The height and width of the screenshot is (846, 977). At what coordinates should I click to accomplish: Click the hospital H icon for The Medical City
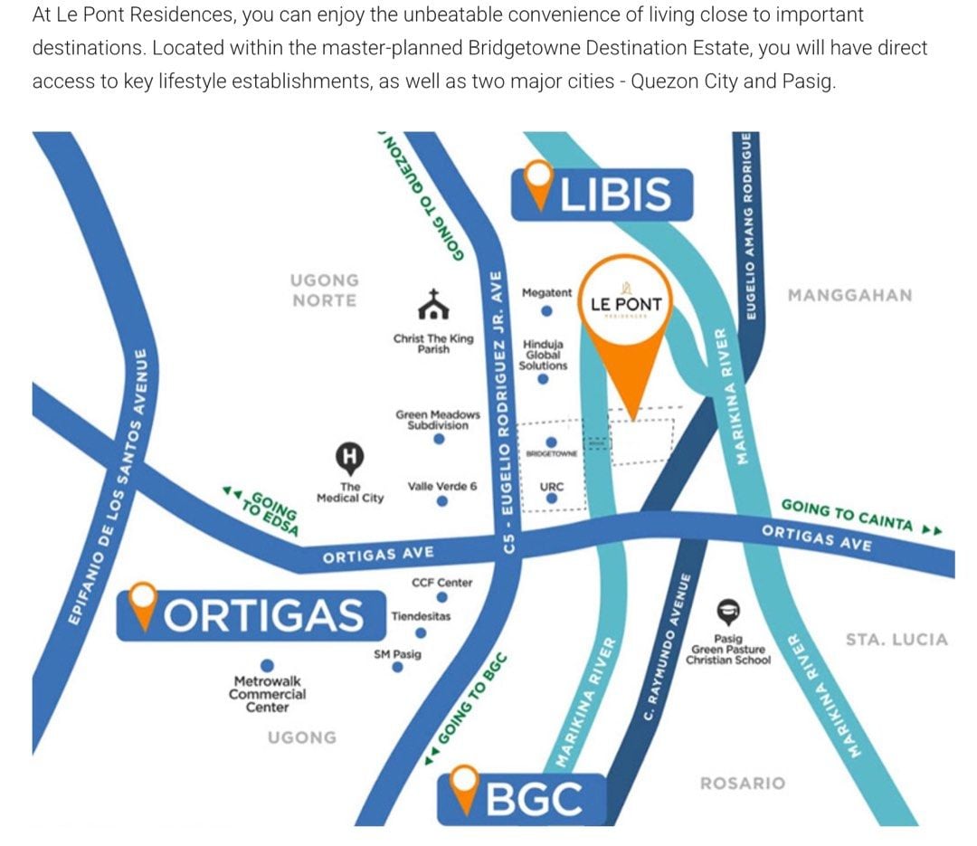click(x=349, y=458)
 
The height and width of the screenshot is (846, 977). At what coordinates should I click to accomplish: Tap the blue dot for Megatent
click(x=546, y=312)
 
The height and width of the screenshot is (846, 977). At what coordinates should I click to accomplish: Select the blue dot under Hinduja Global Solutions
click(x=543, y=380)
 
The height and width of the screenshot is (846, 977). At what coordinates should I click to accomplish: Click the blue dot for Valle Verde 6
click(x=441, y=501)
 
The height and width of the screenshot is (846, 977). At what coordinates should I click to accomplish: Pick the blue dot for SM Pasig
click(x=397, y=668)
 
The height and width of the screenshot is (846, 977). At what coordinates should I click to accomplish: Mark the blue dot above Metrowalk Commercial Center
click(x=267, y=663)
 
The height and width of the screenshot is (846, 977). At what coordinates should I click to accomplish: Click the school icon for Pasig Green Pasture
click(x=728, y=608)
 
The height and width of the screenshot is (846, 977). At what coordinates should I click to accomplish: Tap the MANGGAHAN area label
click(x=849, y=295)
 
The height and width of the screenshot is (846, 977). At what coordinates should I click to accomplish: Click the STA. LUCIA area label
click(x=896, y=640)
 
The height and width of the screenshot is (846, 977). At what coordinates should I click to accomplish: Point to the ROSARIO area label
click(x=743, y=783)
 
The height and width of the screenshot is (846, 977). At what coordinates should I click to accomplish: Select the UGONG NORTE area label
click(x=324, y=290)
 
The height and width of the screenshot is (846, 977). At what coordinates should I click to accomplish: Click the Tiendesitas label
click(x=421, y=616)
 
